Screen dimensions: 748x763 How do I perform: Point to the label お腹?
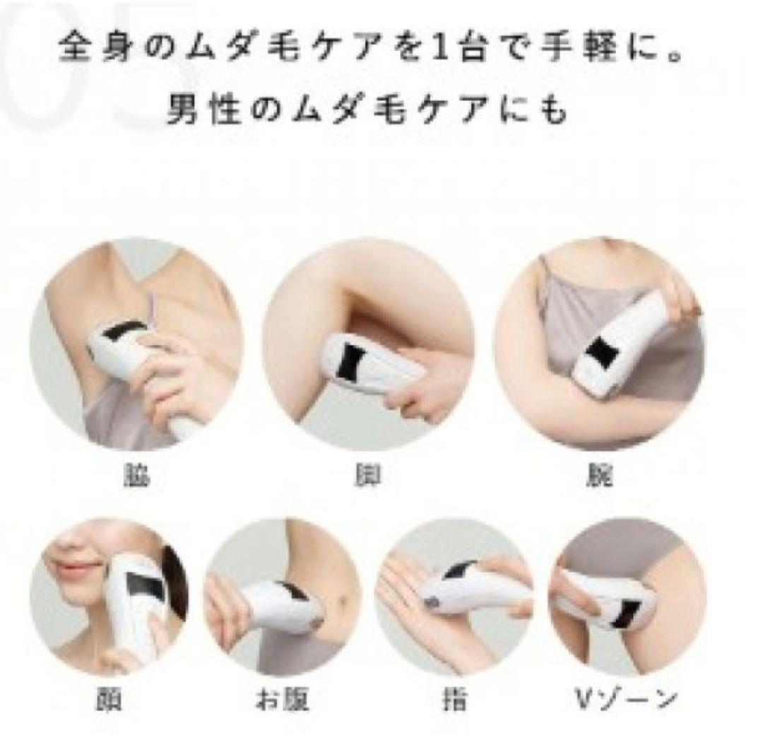click(x=281, y=700)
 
